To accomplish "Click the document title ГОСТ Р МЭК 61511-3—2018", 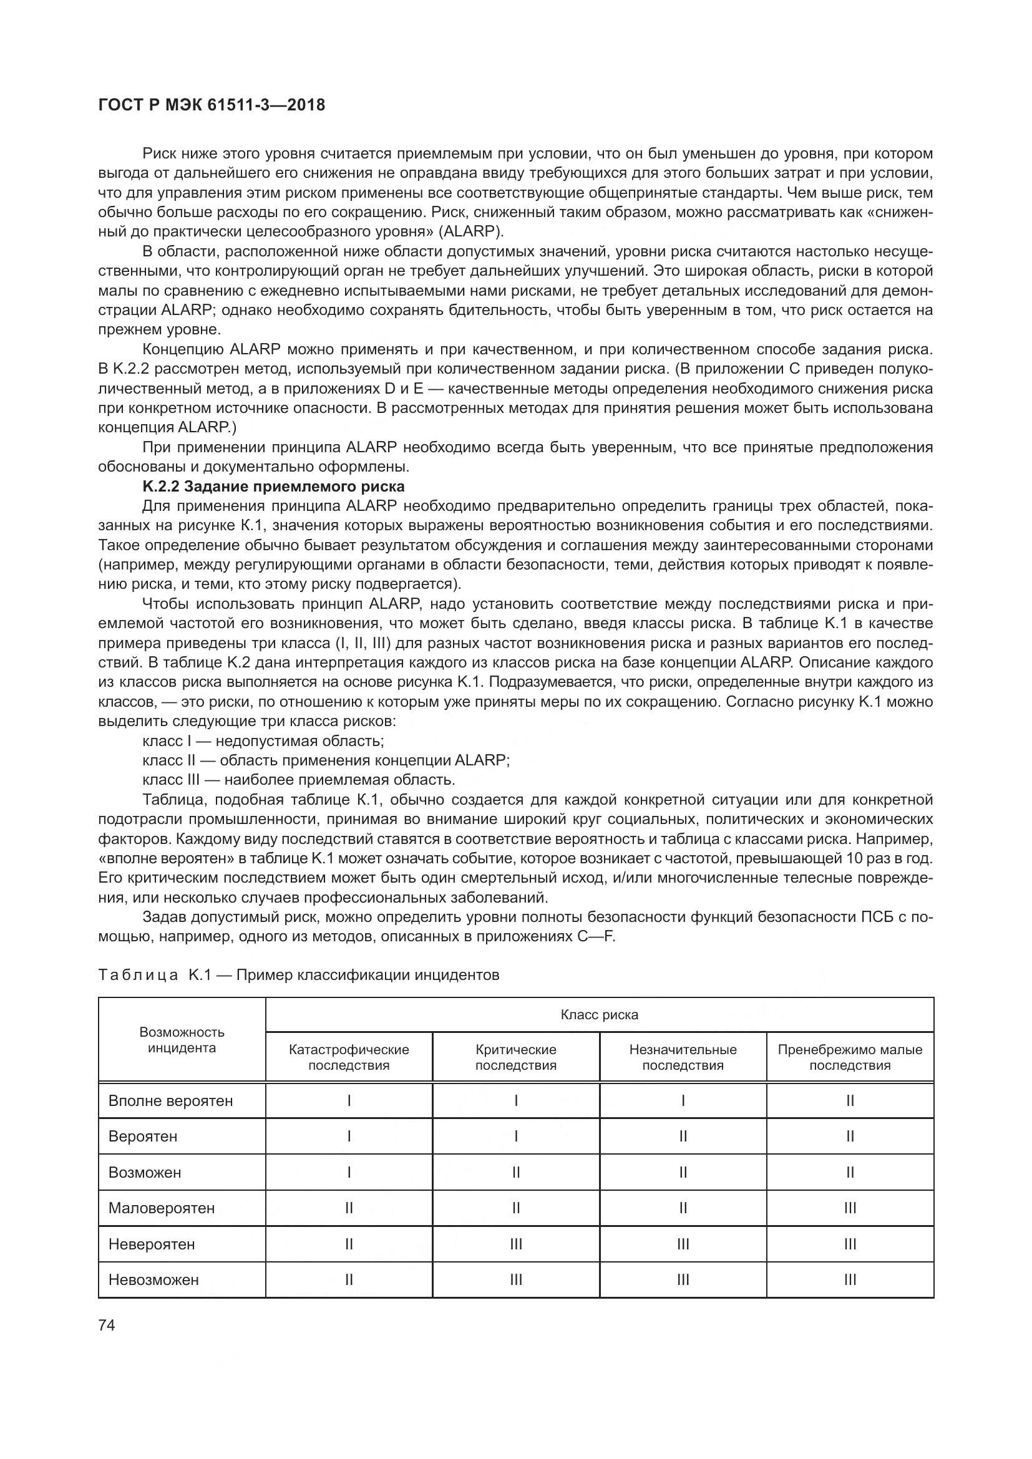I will click(x=212, y=105).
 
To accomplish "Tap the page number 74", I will click(x=107, y=1326).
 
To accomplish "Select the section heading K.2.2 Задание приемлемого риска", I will click(x=273, y=487).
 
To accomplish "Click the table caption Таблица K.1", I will click(x=299, y=975).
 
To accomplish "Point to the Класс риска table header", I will click(x=599, y=1015).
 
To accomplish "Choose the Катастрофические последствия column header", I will click(x=349, y=1057).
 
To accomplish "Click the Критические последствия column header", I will click(x=515, y=1057).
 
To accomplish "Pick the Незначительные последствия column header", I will click(x=683, y=1057).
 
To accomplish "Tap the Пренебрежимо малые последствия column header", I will click(x=850, y=1057).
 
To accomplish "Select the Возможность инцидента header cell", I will click(x=182, y=1040).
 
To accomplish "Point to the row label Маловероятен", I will click(x=162, y=1208).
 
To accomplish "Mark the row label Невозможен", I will click(x=153, y=1280).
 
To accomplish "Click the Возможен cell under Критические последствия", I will click(x=515, y=1173).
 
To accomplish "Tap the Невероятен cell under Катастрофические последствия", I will click(x=349, y=1244).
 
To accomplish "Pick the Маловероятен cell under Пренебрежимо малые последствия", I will click(x=850, y=1208).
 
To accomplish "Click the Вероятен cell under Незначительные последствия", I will click(x=683, y=1136).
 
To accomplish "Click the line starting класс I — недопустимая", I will click(x=263, y=741).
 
